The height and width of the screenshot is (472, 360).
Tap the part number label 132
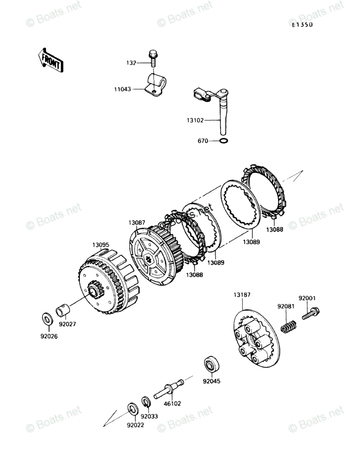click(130, 63)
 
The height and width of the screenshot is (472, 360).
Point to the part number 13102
click(196, 120)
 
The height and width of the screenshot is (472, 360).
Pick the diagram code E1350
click(302, 25)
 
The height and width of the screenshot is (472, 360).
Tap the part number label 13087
click(137, 222)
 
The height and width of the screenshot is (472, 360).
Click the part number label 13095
click(101, 245)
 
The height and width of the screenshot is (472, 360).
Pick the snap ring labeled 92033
click(145, 402)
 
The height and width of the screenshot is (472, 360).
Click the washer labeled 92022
click(132, 408)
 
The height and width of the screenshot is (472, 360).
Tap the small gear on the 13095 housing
click(94, 290)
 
